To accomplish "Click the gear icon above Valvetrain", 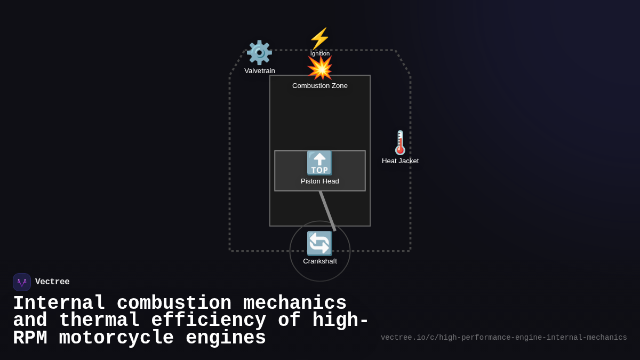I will pos(259,52).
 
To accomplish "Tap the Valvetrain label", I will pos(260,70).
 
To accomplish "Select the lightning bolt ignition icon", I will pos(319,38).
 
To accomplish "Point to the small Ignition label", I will pos(320,53).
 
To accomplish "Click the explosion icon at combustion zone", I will pos(319,68).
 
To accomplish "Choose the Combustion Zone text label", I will pos(320,85).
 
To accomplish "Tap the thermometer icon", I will pos(400,142).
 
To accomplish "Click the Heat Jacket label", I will pos(400,161).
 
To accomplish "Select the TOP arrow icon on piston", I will pos(319,163).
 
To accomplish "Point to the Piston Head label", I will pos(320,181).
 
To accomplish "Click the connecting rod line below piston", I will pos(327,211).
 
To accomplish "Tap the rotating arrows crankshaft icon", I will pos(319,244).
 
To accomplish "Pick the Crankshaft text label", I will pos(320,261).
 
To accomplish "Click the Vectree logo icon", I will pos(22,282).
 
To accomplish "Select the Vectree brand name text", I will pos(52,282).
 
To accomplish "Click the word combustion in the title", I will pos(174,303).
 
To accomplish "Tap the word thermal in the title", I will pos(99,321).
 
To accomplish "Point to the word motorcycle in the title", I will pos(116,338).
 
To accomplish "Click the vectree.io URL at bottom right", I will pos(503,338).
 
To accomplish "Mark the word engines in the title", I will pos(226,338).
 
